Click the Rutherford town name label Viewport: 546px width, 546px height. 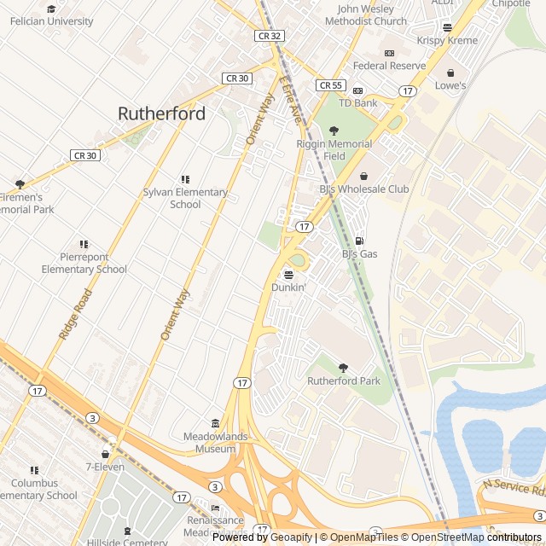(x=161, y=113)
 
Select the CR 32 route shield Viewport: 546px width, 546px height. (x=268, y=36)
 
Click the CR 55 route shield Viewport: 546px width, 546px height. (x=329, y=85)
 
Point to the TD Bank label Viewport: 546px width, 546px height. (x=357, y=103)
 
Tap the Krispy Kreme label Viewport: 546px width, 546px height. (x=447, y=40)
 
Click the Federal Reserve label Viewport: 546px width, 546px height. (x=389, y=66)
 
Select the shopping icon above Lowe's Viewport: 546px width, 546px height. (x=450, y=73)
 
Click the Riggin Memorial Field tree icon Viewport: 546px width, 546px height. (x=334, y=131)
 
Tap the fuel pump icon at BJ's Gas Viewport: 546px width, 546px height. (x=359, y=241)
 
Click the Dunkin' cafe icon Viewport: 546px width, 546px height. (x=288, y=275)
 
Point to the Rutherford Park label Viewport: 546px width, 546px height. (x=344, y=380)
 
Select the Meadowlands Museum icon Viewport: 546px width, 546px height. (x=215, y=424)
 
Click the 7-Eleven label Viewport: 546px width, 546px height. (x=104, y=467)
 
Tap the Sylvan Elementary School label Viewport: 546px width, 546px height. (x=185, y=198)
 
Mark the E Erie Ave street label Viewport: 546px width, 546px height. (x=290, y=100)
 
